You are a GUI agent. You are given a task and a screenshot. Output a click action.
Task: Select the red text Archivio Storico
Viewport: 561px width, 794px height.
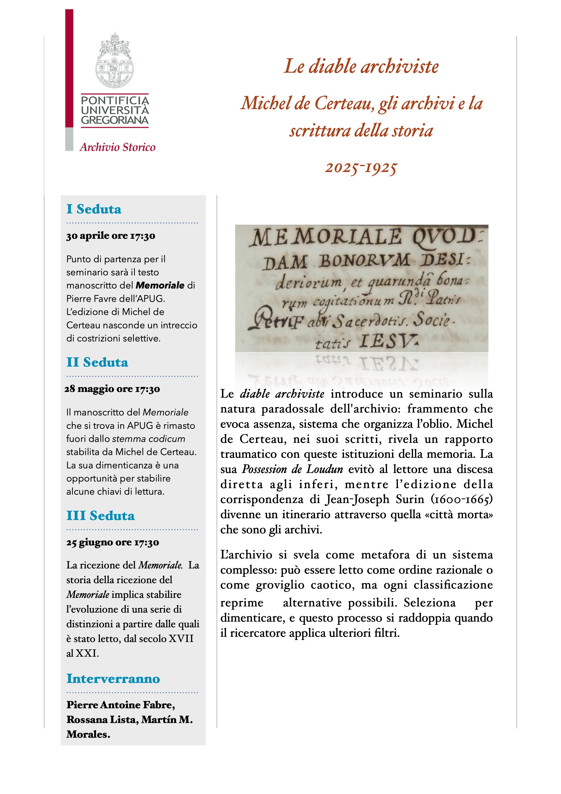click(x=118, y=147)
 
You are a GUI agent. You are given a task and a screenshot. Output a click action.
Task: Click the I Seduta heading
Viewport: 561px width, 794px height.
click(x=94, y=209)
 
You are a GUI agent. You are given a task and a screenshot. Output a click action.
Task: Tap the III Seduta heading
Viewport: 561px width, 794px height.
click(x=101, y=516)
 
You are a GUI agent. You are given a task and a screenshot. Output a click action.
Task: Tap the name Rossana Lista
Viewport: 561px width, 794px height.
click(x=102, y=719)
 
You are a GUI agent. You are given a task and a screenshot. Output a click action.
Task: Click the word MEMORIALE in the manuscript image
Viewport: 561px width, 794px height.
click(x=327, y=238)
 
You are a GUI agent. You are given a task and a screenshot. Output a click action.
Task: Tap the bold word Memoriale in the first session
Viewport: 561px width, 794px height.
click(x=160, y=285)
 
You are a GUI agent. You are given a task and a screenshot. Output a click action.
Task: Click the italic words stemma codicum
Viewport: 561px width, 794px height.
click(x=149, y=439)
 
